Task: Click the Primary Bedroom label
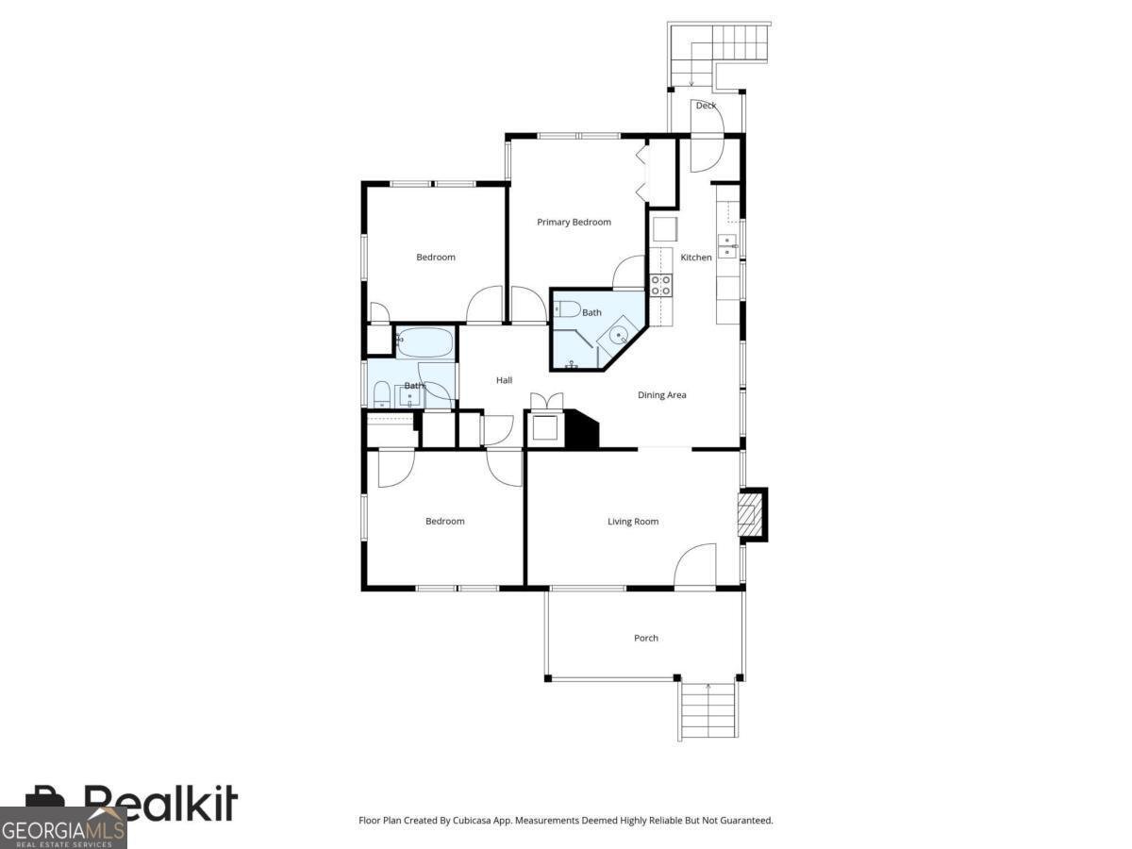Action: tap(574, 223)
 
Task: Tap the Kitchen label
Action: tap(696, 258)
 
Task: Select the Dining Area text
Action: tap(662, 395)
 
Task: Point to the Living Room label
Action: tap(633, 522)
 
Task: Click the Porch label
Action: tap(646, 639)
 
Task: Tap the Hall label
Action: tap(505, 380)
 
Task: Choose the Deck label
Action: tap(706, 106)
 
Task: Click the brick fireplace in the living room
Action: tap(750, 515)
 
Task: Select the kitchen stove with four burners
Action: tap(660, 285)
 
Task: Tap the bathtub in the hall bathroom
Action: tap(425, 341)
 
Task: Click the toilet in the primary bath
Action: tap(567, 308)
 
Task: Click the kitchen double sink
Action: tap(726, 246)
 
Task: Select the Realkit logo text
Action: tap(160, 804)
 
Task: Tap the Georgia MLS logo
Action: tap(63, 828)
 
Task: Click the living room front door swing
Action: tap(695, 566)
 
